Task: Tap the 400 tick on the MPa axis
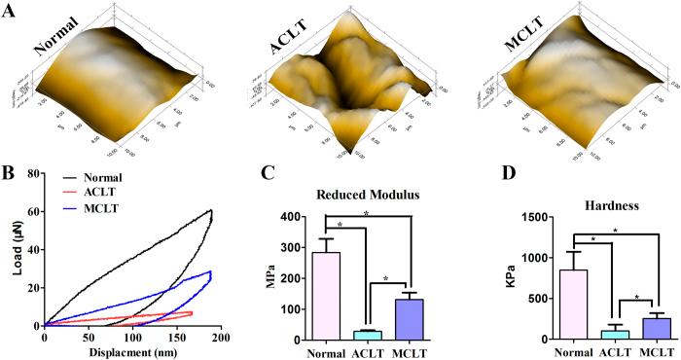(x=289, y=216)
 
